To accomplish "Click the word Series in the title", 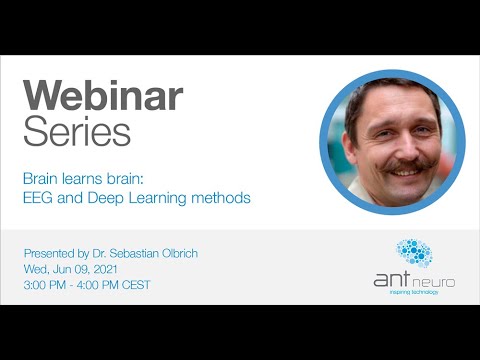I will pyautogui.click(x=77, y=131).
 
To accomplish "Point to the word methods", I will pyautogui.click(x=224, y=198).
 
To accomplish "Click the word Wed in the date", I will pyautogui.click(x=34, y=269).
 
